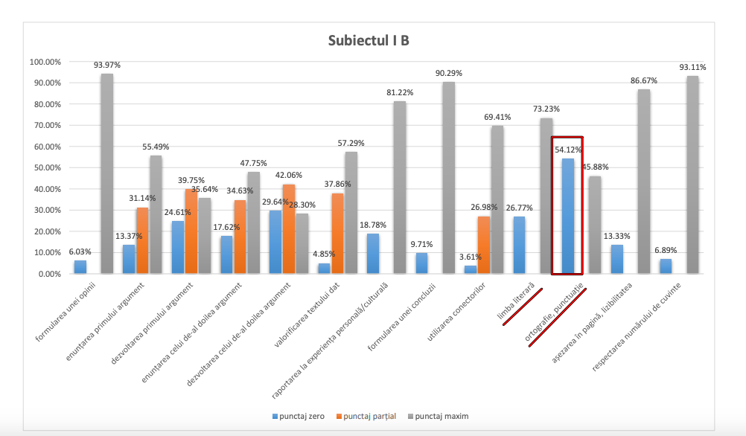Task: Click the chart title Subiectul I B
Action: (x=369, y=40)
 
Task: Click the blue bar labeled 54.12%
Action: (x=568, y=216)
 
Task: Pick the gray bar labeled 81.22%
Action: (x=400, y=187)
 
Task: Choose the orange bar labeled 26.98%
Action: (x=484, y=245)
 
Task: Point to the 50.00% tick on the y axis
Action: (x=48, y=167)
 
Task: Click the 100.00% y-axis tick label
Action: (x=46, y=62)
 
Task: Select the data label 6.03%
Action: (x=80, y=252)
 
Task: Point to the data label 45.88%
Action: (x=595, y=167)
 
